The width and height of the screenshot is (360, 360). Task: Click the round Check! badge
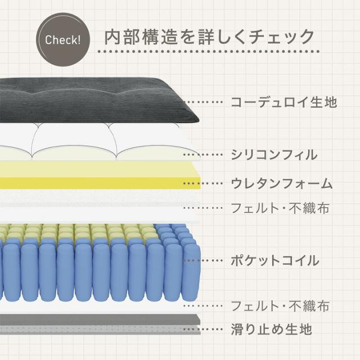pyautogui.click(x=63, y=39)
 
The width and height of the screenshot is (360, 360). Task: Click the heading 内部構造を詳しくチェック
pyautogui.click(x=209, y=37)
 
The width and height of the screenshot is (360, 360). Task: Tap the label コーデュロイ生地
pyautogui.click(x=284, y=102)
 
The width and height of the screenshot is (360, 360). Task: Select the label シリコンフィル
pyautogui.click(x=274, y=155)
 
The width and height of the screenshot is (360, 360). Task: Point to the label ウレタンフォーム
pyautogui.click(x=281, y=183)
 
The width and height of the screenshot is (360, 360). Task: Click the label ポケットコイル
pyautogui.click(x=275, y=260)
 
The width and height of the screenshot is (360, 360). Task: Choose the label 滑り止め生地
pyautogui.click(x=271, y=329)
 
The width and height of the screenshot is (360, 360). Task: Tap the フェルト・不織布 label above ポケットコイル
pyautogui.click(x=280, y=208)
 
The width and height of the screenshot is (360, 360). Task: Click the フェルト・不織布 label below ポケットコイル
pyautogui.click(x=280, y=305)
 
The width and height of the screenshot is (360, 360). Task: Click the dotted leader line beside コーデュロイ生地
pyautogui.click(x=203, y=102)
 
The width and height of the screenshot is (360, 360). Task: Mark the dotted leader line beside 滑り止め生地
pyautogui.click(x=203, y=329)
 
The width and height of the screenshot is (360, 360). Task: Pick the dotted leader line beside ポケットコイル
pyautogui.click(x=203, y=260)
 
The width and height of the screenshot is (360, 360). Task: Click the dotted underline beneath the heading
pyautogui.click(x=209, y=51)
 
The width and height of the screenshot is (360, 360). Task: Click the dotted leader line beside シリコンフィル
pyautogui.click(x=203, y=155)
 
